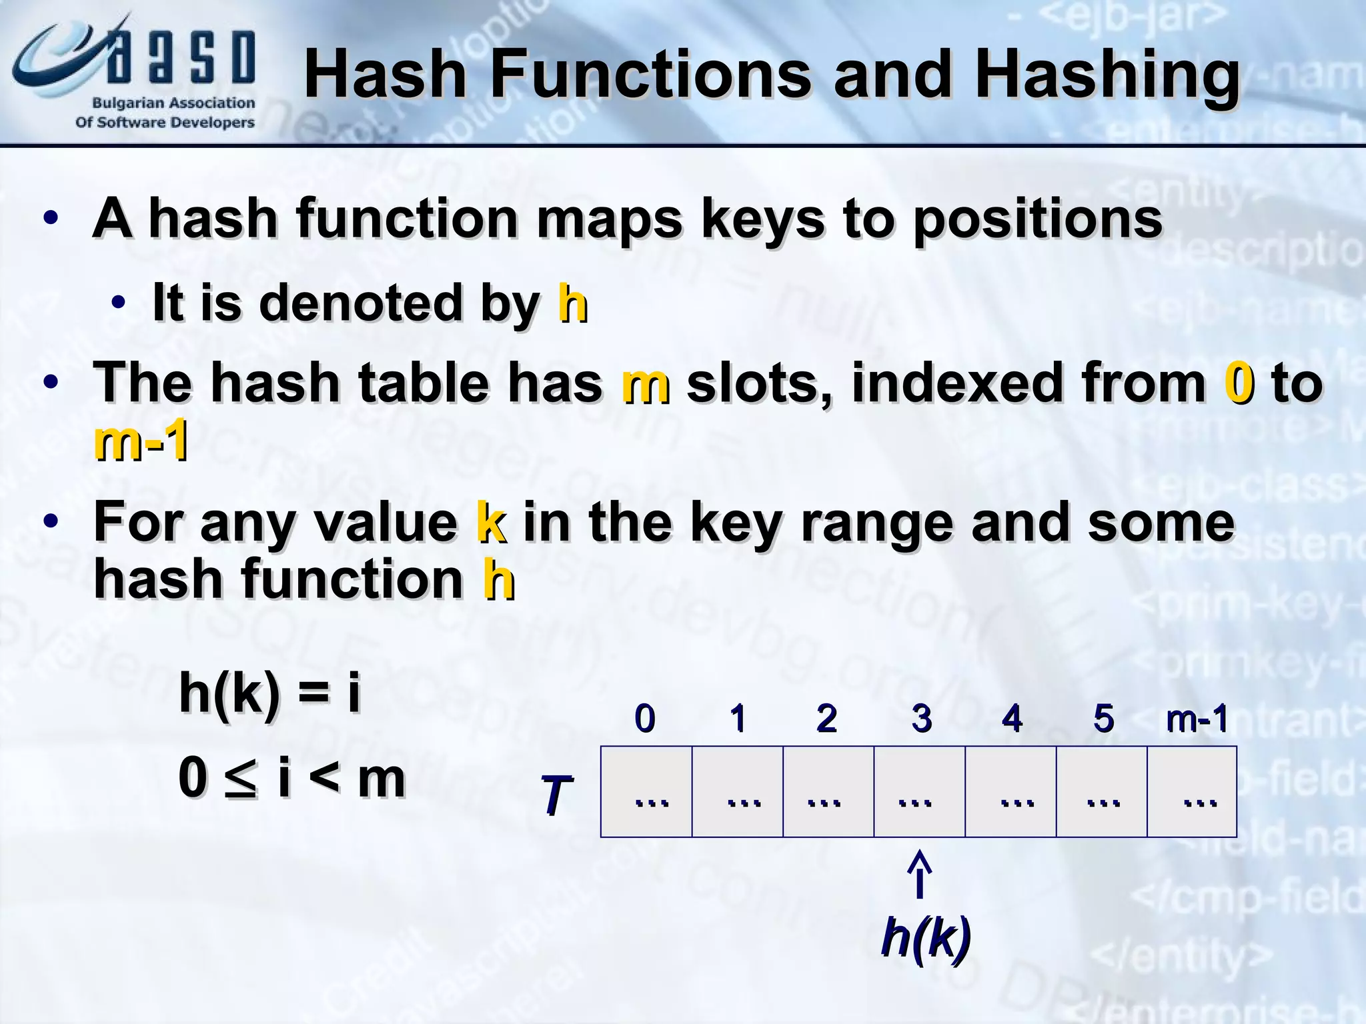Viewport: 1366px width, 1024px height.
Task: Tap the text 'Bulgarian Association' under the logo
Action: pyautogui.click(x=173, y=103)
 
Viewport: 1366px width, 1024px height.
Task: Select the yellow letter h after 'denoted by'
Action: pyautogui.click(x=572, y=303)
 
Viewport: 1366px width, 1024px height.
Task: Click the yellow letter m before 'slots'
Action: pyautogui.click(x=645, y=384)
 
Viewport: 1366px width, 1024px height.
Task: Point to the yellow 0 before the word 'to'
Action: pyautogui.click(x=1239, y=383)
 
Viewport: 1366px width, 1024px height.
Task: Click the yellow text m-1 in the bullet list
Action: pyautogui.click(x=141, y=441)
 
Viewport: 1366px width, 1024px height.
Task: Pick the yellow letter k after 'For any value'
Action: pyautogui.click(x=492, y=522)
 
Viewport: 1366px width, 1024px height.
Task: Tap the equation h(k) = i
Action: pyautogui.click(x=270, y=693)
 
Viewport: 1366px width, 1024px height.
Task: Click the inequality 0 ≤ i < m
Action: pyautogui.click(x=291, y=778)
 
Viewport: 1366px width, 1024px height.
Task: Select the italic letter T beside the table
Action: pyautogui.click(x=556, y=795)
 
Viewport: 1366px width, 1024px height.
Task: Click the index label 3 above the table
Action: pyautogui.click(x=921, y=718)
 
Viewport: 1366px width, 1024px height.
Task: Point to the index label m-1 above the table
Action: pyautogui.click(x=1197, y=719)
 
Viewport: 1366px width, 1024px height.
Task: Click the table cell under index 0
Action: pyautogui.click(x=646, y=791)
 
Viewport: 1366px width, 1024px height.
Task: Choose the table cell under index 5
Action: pyautogui.click(x=1101, y=791)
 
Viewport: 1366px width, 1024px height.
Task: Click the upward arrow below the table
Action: pyautogui.click(x=920, y=874)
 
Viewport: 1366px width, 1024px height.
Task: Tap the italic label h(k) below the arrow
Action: pyautogui.click(x=925, y=937)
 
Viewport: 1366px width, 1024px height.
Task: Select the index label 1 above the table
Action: pyautogui.click(x=737, y=718)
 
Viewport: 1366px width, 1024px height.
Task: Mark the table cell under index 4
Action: pyautogui.click(x=1010, y=791)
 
